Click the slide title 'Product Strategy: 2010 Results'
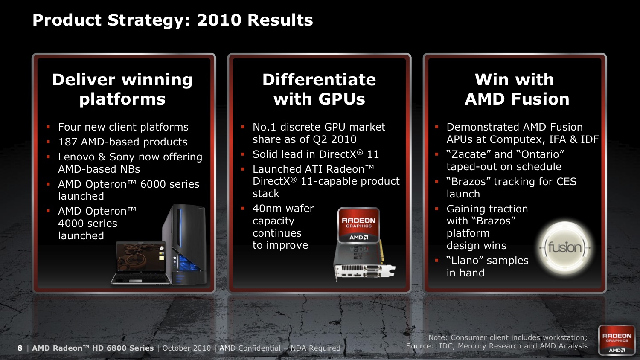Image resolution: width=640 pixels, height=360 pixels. coord(172,20)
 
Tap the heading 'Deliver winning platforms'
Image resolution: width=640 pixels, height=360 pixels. coord(122,89)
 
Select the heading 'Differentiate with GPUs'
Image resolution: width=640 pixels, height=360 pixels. coord(319,89)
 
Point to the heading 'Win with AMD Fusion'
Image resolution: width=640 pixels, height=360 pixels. coord(517,89)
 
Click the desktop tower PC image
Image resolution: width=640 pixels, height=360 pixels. coord(185,244)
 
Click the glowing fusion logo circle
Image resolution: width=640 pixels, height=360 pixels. coord(564,248)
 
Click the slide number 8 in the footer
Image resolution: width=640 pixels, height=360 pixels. coord(20,348)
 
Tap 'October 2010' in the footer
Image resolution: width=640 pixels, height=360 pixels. coord(186,348)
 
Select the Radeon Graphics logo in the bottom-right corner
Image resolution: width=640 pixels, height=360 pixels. coord(617,340)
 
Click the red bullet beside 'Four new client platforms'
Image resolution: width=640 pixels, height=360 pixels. coord(48,127)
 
